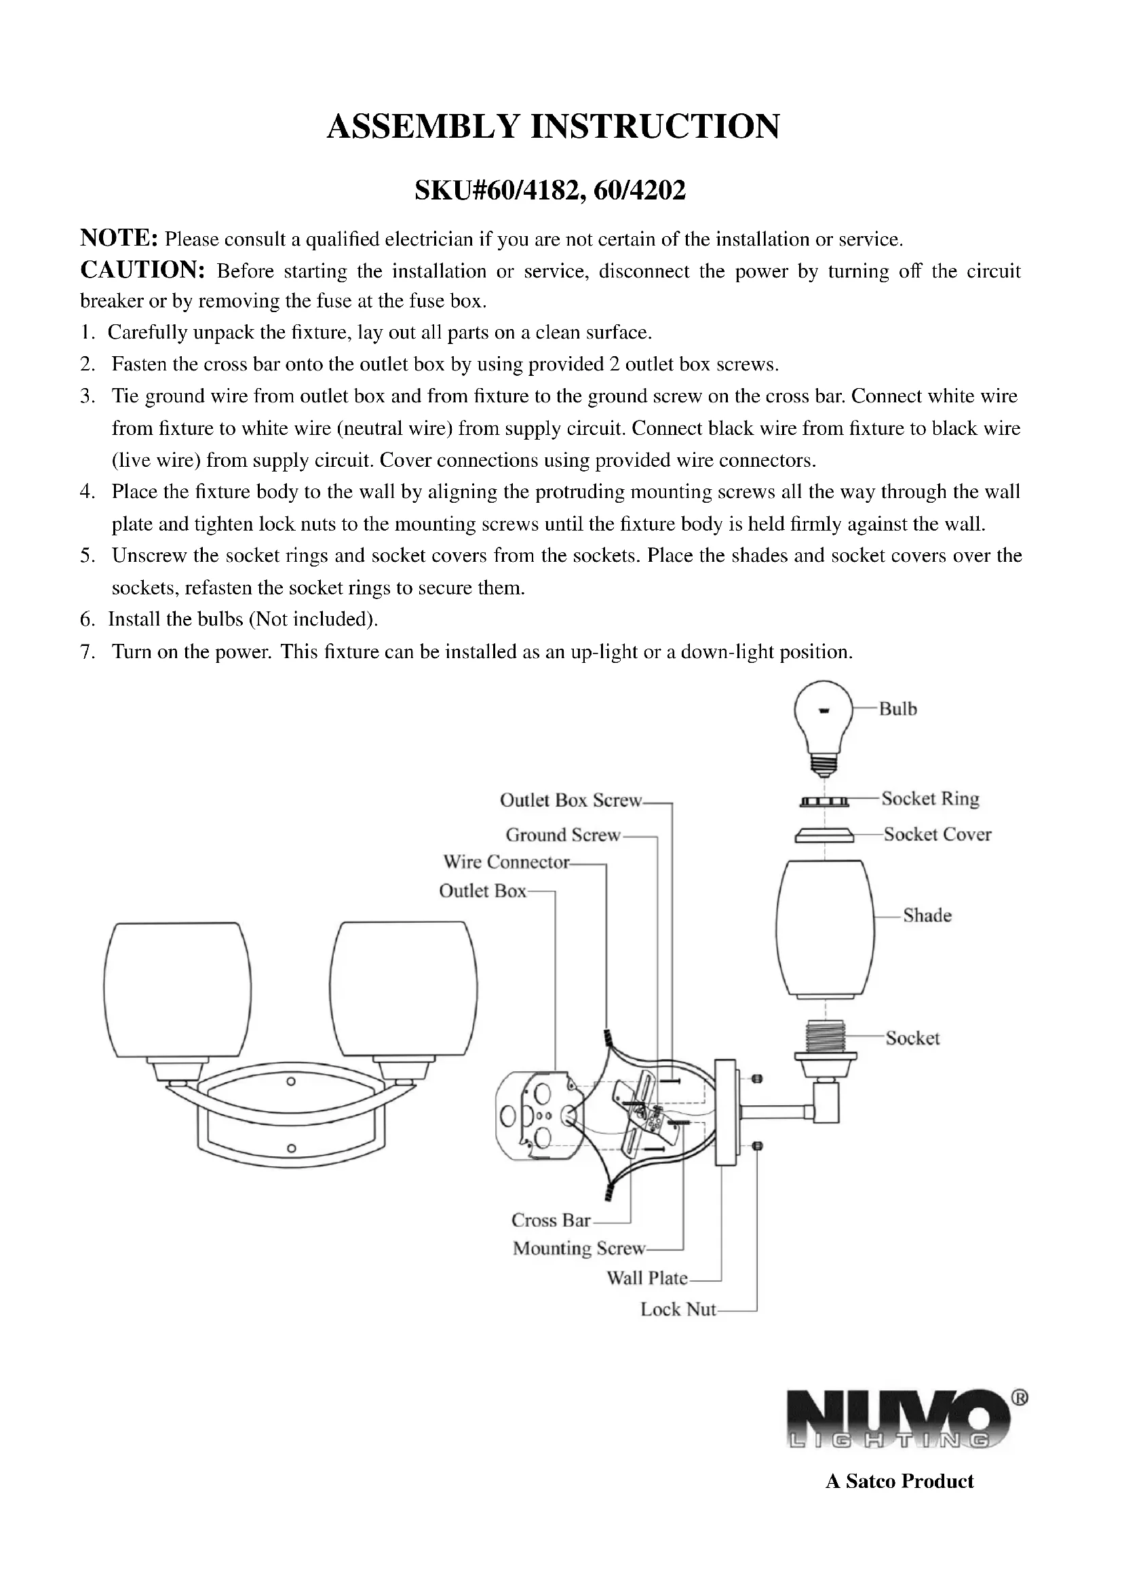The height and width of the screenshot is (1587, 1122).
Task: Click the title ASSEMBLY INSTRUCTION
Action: [x=553, y=126]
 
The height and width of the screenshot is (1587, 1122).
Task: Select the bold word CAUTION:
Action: [x=142, y=269]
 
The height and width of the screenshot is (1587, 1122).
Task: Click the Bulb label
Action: [x=897, y=709]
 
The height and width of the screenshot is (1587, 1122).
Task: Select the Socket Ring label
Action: [x=930, y=799]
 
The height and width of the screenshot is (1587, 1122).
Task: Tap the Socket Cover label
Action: [x=937, y=835]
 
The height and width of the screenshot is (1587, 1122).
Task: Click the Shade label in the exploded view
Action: [x=927, y=916]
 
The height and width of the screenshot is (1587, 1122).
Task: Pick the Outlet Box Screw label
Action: [x=570, y=801]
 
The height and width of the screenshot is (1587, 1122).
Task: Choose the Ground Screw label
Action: [x=563, y=835]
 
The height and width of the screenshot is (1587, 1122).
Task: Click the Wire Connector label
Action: [x=507, y=862]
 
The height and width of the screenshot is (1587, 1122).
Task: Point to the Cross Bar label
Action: [x=551, y=1221]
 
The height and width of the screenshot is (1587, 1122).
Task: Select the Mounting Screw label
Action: [x=579, y=1249]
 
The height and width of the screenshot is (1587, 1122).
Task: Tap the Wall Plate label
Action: [x=646, y=1279]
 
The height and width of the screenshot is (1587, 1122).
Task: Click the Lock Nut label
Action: [x=678, y=1309]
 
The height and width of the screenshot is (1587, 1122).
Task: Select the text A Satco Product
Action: [x=899, y=1481]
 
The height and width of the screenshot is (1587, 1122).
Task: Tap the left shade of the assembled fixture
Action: [x=178, y=990]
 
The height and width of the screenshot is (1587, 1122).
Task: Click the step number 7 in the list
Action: [x=87, y=652]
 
